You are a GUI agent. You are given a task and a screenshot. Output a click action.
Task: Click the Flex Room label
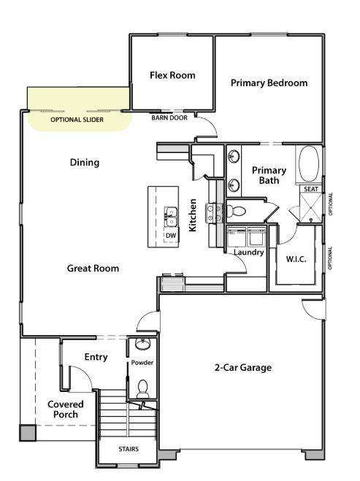click(x=172, y=75)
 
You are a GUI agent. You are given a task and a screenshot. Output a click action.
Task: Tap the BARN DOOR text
click(x=169, y=118)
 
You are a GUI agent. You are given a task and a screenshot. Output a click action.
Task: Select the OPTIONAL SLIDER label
click(x=77, y=120)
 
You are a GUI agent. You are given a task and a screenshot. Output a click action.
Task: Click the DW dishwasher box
click(x=172, y=235)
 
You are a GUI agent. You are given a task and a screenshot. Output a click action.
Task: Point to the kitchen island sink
click(x=170, y=217)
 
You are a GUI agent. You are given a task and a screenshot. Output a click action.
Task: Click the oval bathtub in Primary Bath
click(x=309, y=163)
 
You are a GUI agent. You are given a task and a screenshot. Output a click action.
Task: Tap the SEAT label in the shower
click(x=311, y=189)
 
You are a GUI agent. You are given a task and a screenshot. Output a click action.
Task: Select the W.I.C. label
click(x=296, y=259)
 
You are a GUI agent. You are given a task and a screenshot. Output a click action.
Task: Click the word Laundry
click(x=249, y=253)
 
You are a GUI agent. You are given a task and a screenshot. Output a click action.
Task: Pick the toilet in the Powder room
click(x=142, y=389)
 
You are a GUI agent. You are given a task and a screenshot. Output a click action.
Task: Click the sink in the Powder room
click(x=142, y=345)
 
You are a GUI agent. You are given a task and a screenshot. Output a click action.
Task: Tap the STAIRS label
click(x=129, y=449)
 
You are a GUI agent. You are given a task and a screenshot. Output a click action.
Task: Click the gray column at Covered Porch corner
click(x=28, y=433)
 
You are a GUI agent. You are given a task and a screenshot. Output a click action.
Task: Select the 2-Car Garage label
click(x=243, y=367)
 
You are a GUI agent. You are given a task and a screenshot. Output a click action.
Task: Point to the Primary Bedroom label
click(x=269, y=82)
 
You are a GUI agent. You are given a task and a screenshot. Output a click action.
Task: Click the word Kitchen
click(x=193, y=215)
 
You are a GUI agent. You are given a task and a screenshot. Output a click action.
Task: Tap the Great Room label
click(x=93, y=269)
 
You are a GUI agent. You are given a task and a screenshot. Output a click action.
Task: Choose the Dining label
click(x=85, y=162)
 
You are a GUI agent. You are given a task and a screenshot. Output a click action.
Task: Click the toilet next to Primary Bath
click(x=236, y=211)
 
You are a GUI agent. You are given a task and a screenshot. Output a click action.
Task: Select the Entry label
click(x=96, y=357)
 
